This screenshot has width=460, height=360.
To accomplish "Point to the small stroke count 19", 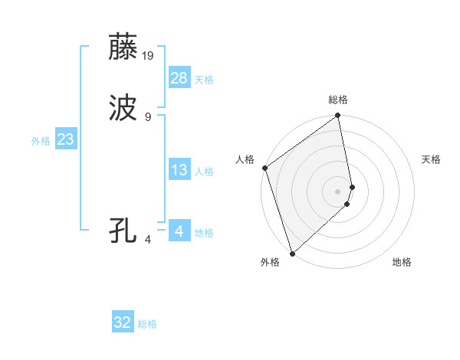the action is pos(148,55).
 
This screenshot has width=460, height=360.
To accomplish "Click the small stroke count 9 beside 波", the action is pos(147,117).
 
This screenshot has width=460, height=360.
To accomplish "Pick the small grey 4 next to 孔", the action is pos(147,240).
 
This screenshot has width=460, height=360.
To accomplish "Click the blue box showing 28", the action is pos(179,78).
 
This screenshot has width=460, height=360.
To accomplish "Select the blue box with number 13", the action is pos(179,170).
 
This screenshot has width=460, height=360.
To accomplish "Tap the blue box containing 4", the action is pos(179,231).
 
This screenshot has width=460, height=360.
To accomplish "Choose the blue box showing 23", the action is pos(65,140).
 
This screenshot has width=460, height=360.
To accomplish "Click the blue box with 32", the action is pos(123,322).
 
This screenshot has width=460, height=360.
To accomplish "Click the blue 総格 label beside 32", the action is pos(147,324).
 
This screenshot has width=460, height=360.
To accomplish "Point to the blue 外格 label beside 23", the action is pos(41,141).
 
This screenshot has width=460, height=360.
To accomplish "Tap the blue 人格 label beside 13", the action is pos(204,172).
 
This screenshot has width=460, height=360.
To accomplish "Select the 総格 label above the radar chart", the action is pos(338,100).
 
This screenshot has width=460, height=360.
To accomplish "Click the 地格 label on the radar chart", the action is pos(402,262).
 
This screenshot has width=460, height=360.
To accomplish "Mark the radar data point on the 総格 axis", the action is pos(338,116).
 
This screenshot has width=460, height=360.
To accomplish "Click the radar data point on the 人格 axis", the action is pos(264,168).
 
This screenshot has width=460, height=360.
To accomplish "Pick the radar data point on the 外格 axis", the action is pos(292,253).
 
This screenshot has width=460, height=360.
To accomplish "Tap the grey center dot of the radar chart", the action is pos(338,191).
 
